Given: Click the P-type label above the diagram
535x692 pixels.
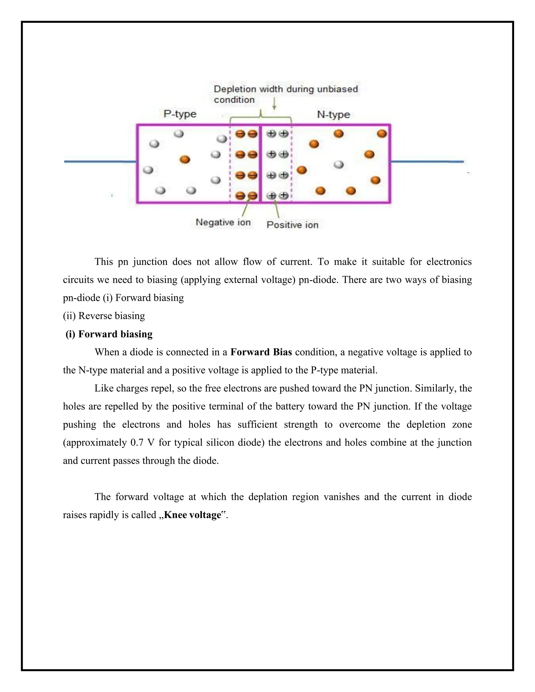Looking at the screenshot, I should coord(180,114).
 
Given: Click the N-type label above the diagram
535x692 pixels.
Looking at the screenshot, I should coord(333,114).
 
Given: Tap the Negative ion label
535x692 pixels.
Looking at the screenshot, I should coord(223,222).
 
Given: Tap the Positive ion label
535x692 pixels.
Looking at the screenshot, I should coord(292,225).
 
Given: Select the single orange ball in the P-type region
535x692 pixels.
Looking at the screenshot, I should coord(185,159).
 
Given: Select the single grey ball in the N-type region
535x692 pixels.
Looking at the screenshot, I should coord(339,165).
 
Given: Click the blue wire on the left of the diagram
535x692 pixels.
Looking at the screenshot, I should coord(100,162).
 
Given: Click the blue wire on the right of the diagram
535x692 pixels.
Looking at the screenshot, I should coord(427,162).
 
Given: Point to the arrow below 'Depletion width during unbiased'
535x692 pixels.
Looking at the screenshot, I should coord(274,104).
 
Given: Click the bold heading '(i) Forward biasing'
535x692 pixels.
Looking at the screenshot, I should coord(109,334).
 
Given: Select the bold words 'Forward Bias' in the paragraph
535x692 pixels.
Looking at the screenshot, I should coord(261,352).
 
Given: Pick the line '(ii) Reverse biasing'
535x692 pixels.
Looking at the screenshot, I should coord(104,316).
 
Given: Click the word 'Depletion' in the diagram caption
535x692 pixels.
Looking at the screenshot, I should coord(235,89).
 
